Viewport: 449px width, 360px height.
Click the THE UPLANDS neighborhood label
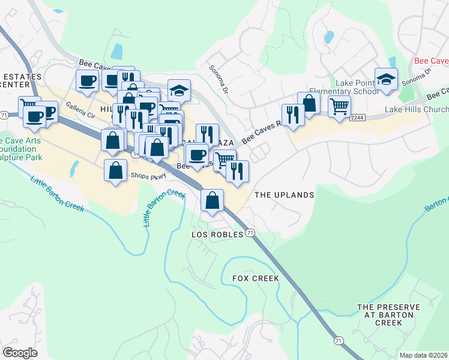tap(284, 195)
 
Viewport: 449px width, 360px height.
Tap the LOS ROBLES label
tap(217, 234)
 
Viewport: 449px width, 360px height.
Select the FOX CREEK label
tap(256, 278)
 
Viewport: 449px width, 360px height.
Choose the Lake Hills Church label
tap(416, 109)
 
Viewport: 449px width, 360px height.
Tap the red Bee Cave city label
tap(432, 61)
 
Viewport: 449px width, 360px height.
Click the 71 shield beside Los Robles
tap(250, 233)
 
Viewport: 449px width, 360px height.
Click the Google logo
tap(20, 352)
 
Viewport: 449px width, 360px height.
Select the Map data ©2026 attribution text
tap(423, 355)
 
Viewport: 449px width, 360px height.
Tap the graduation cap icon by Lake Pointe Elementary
tap(386, 79)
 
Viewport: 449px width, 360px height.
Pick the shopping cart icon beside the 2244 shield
tap(340, 107)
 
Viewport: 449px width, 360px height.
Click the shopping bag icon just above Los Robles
tap(212, 200)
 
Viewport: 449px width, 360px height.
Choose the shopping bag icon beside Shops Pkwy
tap(115, 170)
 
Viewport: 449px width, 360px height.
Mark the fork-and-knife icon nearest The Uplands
tap(238, 171)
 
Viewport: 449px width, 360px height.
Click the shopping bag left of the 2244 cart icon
tap(309, 103)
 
